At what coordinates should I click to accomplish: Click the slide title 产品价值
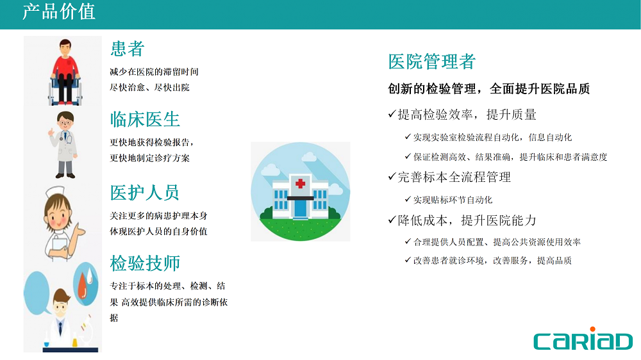tap(59, 12)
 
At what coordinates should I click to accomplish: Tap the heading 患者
tap(127, 49)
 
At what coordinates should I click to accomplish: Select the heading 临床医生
tap(145, 119)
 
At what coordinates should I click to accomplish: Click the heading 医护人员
tap(145, 192)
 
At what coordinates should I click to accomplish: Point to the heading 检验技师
tap(145, 263)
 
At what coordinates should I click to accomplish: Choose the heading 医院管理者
tap(431, 61)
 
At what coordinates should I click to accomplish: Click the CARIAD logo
tap(583, 339)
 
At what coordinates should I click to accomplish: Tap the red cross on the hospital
tap(301, 183)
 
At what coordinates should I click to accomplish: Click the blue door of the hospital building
tap(301, 208)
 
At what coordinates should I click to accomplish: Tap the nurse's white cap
tap(55, 192)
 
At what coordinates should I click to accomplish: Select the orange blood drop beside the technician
tap(83, 284)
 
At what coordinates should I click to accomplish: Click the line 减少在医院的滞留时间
tap(154, 72)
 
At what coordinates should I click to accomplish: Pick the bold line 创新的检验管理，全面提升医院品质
tap(489, 88)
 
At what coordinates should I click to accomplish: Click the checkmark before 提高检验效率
tap(392, 113)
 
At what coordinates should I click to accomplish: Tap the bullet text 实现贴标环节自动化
tap(453, 200)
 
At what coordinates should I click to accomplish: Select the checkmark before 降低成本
tap(392, 220)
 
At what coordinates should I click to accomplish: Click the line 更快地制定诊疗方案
tap(149, 158)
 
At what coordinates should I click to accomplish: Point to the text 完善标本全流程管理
tap(454, 177)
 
